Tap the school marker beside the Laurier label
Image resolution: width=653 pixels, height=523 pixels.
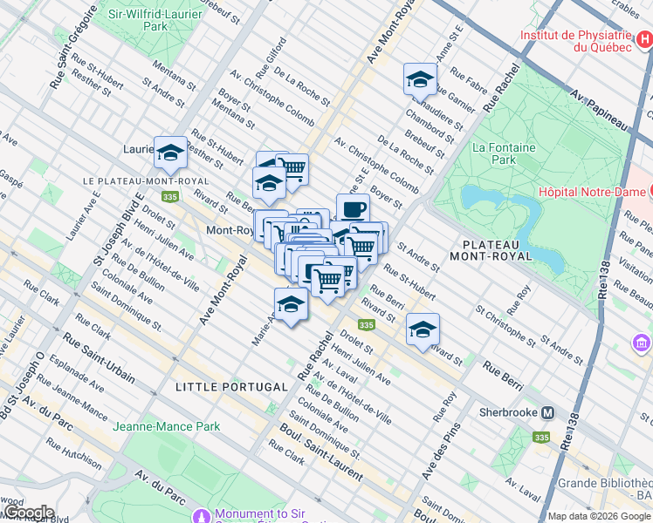click(x=170, y=153)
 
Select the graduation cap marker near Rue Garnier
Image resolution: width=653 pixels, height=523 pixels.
click(x=420, y=79)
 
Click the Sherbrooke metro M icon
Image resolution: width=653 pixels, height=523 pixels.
click(x=548, y=412)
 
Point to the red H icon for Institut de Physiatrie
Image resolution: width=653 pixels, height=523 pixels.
click(x=643, y=37)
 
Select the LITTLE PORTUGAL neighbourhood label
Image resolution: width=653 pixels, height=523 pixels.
click(x=231, y=386)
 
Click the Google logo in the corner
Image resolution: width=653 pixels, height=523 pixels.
click(x=28, y=513)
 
